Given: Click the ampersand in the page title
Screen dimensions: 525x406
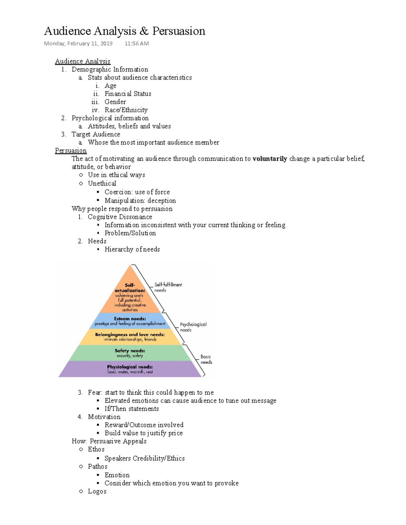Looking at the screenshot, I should point(144,31).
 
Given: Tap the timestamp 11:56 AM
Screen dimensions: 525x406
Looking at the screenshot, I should point(137,43).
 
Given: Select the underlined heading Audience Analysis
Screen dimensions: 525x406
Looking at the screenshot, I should point(83,61).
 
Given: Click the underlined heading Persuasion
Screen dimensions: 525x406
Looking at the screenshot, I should point(71,150).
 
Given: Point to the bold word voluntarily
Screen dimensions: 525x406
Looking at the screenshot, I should point(270,159).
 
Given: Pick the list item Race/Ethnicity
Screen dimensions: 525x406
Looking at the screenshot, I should point(126,110).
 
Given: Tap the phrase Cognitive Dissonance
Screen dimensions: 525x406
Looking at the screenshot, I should point(120,217).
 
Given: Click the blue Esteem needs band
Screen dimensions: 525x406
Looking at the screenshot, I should point(130,321).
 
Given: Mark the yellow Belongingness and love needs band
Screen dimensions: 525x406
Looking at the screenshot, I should point(130,337).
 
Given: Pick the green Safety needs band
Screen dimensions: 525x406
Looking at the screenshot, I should point(130,353).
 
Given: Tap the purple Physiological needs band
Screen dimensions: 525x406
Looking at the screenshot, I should point(130,369).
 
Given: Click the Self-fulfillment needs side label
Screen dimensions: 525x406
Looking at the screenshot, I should point(168,287).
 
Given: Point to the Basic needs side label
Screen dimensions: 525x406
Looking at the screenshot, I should point(206,359).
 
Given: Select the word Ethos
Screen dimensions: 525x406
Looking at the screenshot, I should point(96,449).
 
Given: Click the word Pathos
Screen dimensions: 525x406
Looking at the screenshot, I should point(97,467).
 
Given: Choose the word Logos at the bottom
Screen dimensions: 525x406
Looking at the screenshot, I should point(97,491).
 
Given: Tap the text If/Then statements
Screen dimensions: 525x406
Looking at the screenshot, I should point(132,409).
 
